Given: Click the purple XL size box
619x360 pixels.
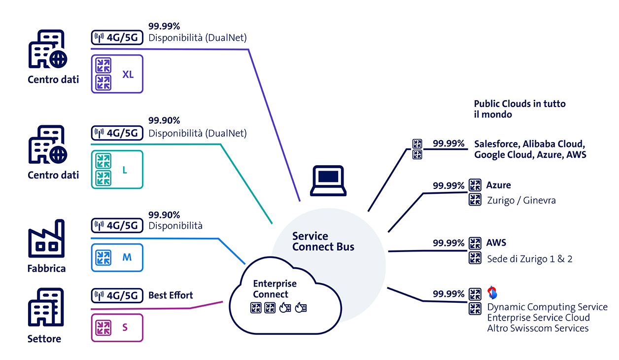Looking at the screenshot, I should click(x=117, y=74).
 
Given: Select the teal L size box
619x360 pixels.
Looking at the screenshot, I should click(x=117, y=170).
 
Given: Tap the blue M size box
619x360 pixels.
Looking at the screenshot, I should click(x=117, y=257).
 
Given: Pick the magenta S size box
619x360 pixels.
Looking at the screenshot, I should click(x=117, y=327).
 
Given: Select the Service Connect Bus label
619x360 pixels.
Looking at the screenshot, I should click(x=323, y=241).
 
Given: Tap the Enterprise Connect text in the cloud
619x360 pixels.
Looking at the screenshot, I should click(x=275, y=289).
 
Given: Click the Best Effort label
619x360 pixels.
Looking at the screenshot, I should click(x=171, y=295).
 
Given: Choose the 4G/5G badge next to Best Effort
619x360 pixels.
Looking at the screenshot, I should click(x=117, y=296).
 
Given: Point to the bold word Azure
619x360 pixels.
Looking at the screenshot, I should click(x=498, y=185).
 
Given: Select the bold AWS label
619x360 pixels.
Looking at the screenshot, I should click(x=496, y=243).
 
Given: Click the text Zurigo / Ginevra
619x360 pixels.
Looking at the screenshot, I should click(x=521, y=201).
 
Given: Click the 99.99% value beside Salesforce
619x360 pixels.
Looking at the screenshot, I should click(x=448, y=144).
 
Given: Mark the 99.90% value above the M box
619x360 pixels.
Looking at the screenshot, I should click(x=164, y=215).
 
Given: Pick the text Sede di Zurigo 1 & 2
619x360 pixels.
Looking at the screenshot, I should click(x=529, y=259).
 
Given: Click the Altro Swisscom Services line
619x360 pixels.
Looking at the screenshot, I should click(x=538, y=328).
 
